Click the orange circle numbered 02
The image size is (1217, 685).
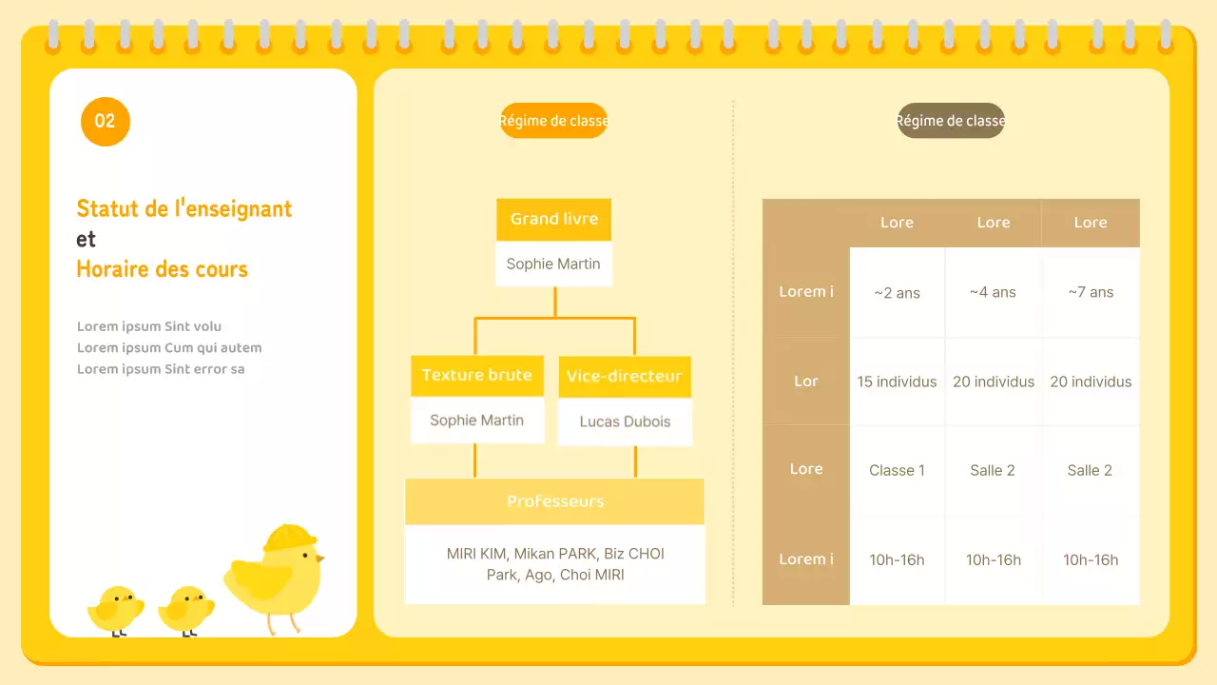pos(105,122)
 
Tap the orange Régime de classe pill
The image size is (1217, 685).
pos(553,121)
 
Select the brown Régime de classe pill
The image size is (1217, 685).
pos(951,121)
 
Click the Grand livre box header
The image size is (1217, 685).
pos(553,219)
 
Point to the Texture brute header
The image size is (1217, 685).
pos(476,375)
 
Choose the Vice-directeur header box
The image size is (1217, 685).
pos(624,377)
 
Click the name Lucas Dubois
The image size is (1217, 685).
pos(625,421)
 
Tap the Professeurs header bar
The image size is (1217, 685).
pos(554,501)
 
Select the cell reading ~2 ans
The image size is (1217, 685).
pos(897,293)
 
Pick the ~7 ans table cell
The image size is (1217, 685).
pos(1091,293)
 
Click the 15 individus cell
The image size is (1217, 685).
pos(897,382)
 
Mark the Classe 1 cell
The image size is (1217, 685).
pos(897,470)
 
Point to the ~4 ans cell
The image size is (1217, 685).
pos(993,293)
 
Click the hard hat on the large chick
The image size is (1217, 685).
pos(289,538)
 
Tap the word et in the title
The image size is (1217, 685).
pos(87,239)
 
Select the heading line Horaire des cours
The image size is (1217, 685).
pos(162,269)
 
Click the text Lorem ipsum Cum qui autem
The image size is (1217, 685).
pos(169,348)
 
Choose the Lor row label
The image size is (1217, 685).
pos(806,382)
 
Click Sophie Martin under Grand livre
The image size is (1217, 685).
pos(553,264)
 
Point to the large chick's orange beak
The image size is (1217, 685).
pos(320,558)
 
